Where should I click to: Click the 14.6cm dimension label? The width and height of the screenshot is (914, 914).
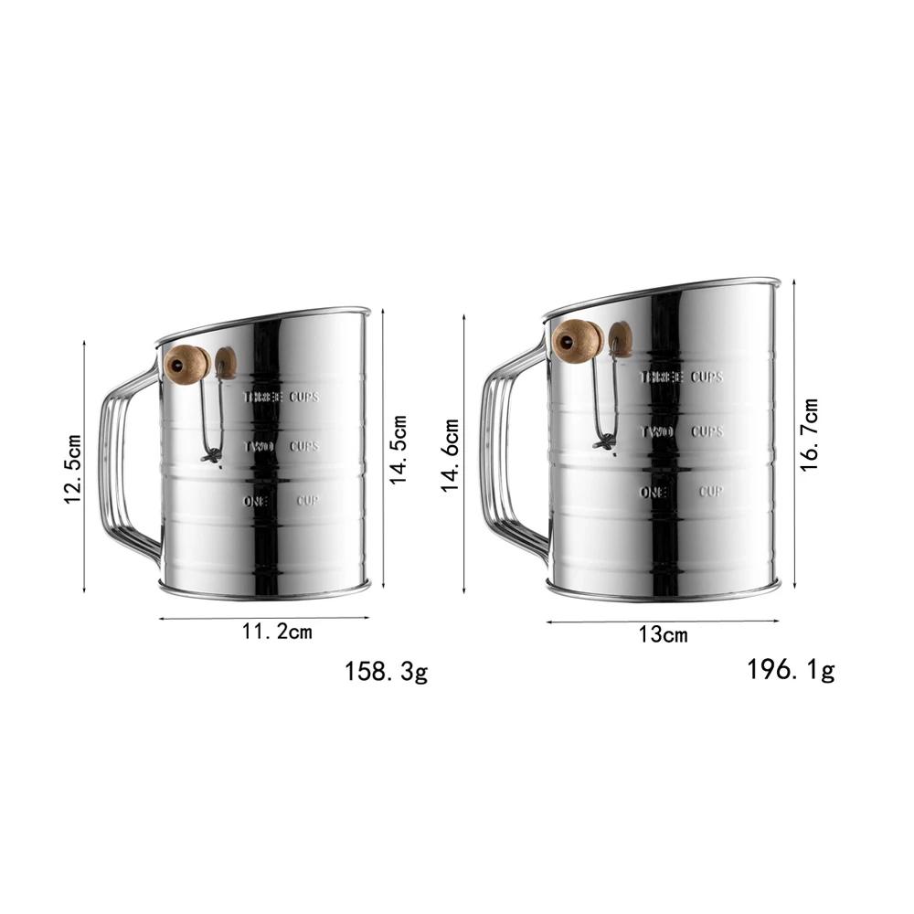tap(452, 454)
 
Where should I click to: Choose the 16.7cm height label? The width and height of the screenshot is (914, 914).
tap(809, 434)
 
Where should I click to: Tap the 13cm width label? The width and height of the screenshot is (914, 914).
tap(664, 635)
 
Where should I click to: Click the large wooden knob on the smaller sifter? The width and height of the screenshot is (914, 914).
tap(186, 365)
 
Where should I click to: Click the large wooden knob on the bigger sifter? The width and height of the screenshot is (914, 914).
tap(578, 342)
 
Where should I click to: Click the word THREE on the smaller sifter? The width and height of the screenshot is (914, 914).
tap(262, 398)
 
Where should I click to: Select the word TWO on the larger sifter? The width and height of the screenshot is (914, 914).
tap(656, 431)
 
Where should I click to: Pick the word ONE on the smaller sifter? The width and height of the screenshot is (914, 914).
tap(257, 501)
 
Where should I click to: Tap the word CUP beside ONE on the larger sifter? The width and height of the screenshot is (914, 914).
tap(711, 492)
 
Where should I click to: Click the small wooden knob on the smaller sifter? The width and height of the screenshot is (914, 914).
tap(226, 363)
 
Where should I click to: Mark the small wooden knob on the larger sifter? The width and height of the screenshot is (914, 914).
tap(621, 338)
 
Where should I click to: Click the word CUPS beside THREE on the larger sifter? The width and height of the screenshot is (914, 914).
tap(706, 377)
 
